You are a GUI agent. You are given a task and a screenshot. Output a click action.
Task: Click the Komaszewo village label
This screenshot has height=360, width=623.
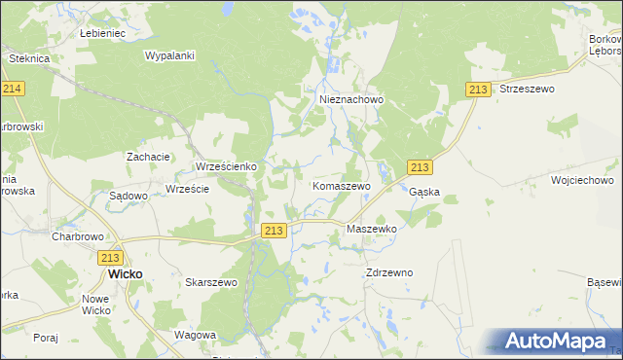pyautogui.click(x=341, y=185)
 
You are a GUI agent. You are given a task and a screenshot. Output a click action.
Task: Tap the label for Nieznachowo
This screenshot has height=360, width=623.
pyautogui.click(x=352, y=99)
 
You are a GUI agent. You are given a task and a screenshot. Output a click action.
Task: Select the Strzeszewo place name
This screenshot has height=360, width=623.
pyautogui.click(x=526, y=89)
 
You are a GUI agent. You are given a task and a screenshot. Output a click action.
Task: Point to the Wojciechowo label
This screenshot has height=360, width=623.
pyautogui.click(x=581, y=180)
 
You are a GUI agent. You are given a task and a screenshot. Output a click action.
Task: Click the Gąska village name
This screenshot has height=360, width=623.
pyautogui.click(x=424, y=192)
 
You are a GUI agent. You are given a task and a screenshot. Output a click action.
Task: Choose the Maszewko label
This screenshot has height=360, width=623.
pyautogui.click(x=372, y=229)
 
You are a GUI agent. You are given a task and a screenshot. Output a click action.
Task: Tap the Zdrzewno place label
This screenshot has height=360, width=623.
pyautogui.click(x=389, y=272)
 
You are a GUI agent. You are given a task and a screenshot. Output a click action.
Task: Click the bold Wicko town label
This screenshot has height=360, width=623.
pyautogui.click(x=125, y=274)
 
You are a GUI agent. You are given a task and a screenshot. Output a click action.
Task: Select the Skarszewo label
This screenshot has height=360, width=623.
pyautogui.click(x=211, y=282)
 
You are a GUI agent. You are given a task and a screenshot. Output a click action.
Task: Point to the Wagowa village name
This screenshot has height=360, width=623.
pyautogui.click(x=194, y=335)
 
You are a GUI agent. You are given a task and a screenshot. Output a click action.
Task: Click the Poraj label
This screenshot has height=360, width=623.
pyautogui.click(x=46, y=338)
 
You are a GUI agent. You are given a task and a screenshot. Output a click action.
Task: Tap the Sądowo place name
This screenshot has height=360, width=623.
pyautogui.click(x=128, y=196)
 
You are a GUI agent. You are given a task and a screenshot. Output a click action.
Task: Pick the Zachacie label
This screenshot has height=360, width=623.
pyautogui.click(x=149, y=156)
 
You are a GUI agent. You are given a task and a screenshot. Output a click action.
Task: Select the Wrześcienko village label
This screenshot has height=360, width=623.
pyautogui.click(x=226, y=166)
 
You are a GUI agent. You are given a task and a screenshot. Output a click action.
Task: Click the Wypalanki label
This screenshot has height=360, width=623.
pyautogui.click(x=170, y=56)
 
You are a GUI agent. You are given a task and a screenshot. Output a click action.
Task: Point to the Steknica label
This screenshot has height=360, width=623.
pyautogui.click(x=29, y=58)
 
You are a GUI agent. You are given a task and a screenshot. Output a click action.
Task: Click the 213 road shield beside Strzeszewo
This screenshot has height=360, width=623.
pyautogui.click(x=477, y=90)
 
